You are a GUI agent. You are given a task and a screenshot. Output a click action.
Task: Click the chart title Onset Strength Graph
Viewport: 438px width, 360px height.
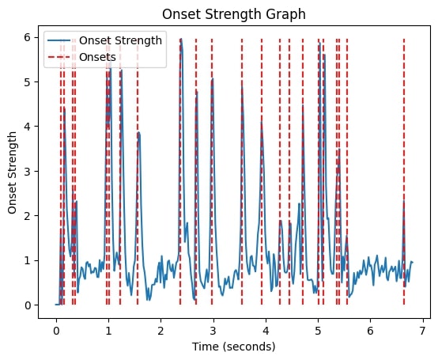coord(234,14)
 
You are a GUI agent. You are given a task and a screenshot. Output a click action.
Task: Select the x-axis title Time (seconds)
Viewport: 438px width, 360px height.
coord(233,347)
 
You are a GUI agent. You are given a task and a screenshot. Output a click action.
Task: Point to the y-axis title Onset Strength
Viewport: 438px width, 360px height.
coord(12,172)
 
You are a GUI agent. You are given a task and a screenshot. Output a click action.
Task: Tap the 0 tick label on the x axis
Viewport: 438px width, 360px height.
coord(56,332)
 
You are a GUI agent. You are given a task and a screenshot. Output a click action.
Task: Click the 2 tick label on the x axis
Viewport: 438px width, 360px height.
coord(161,332)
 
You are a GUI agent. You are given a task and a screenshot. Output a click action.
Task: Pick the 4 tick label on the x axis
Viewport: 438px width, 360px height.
coord(266,332)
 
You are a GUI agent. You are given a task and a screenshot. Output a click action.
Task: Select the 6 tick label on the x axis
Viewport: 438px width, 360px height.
coord(370,332)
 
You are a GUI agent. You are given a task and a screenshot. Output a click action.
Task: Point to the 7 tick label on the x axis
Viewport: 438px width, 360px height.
coord(422,332)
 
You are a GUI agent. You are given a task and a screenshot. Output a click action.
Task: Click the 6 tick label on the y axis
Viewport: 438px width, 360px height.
coord(28,37)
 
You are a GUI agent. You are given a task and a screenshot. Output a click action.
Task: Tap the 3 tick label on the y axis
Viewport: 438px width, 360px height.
coord(28,172)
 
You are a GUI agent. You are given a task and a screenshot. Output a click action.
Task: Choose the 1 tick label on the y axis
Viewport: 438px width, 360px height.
coord(28,260)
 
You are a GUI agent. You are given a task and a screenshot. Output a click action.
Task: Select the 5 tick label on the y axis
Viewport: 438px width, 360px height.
coord(28,82)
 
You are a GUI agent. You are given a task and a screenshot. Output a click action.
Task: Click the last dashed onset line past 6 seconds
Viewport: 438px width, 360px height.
coord(404,172)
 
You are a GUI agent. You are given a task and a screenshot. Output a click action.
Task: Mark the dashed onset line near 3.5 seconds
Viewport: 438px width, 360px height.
coord(242,172)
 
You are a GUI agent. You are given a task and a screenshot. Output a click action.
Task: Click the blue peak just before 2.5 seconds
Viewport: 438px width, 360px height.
coord(181,39)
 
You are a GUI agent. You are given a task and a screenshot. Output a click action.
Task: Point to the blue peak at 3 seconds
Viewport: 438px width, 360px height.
coord(213,79)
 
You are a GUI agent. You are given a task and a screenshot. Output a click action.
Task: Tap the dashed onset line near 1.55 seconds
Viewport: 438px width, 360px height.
coord(138,172)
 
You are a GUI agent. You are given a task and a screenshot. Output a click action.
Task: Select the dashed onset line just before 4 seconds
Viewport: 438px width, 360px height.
coord(262,172)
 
